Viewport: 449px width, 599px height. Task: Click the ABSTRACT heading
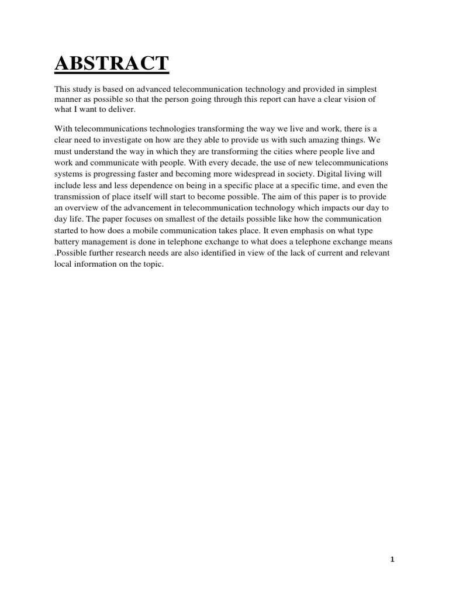click(112, 63)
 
